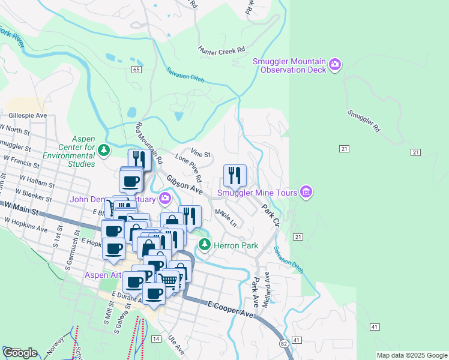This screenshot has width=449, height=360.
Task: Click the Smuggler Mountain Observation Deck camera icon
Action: tap(335, 64)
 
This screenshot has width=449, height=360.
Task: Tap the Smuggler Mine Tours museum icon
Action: tap(306, 192)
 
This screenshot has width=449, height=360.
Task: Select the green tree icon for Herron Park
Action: tap(205, 245)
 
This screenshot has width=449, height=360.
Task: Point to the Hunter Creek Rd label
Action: tap(222, 50)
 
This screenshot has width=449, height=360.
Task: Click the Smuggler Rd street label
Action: tap(364, 121)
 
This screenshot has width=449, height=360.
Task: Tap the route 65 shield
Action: tap(137, 70)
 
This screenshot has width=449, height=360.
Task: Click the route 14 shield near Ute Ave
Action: tap(156, 339)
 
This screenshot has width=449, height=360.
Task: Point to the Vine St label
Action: tap(200, 154)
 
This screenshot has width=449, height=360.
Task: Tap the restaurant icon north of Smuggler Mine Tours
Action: tap(235, 175)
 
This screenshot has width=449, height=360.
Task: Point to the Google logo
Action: tap(20, 353)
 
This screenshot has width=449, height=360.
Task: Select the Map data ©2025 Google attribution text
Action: tap(411, 355)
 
